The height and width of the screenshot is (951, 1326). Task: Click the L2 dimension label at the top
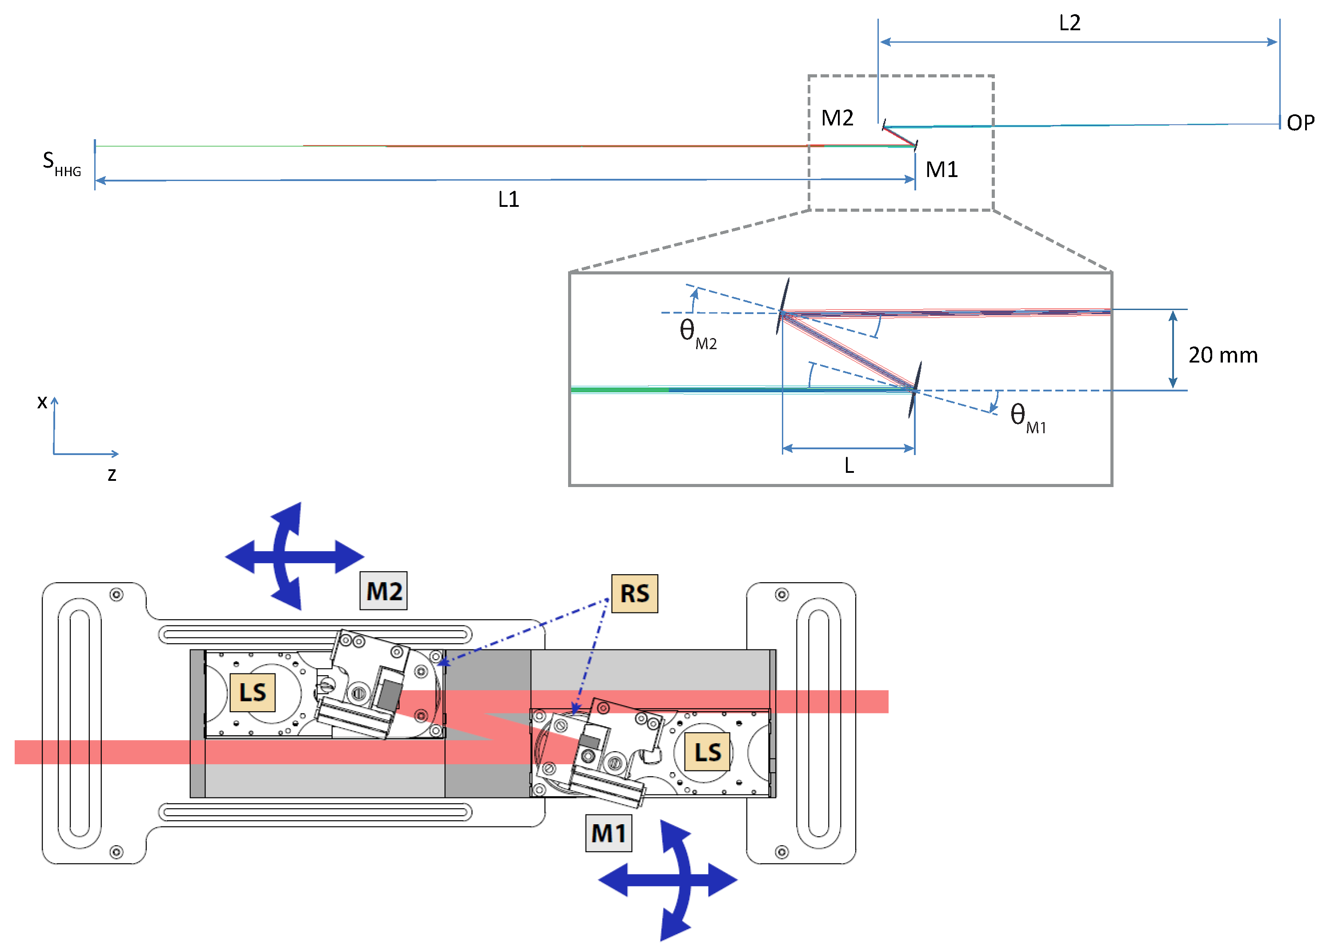[x=1070, y=23]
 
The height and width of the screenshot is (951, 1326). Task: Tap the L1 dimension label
[x=508, y=199]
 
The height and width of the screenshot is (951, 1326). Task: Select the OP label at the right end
[x=1300, y=123]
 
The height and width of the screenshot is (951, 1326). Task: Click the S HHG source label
[x=61, y=163]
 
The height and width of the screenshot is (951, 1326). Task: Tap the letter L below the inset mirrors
[x=849, y=466]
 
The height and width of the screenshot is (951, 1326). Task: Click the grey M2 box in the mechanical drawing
[x=384, y=591]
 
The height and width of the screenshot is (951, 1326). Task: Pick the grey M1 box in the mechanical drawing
[x=609, y=833]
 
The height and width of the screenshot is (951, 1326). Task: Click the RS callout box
[x=634, y=594]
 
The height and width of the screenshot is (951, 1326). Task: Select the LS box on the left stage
[x=252, y=693]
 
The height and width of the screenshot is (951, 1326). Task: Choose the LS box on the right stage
[x=707, y=752]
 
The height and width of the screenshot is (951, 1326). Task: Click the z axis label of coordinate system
[x=112, y=474]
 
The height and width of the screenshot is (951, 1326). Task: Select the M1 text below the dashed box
[x=941, y=169]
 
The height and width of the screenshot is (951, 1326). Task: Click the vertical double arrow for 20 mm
[x=1172, y=350]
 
